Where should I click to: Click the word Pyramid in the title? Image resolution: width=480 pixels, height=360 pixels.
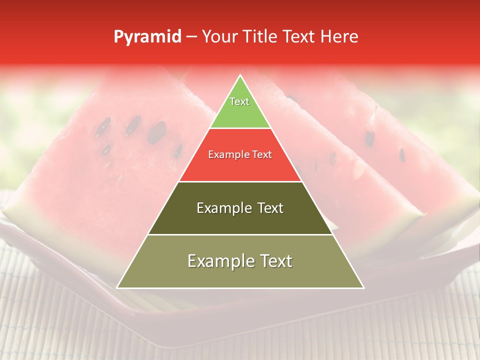tap(147, 37)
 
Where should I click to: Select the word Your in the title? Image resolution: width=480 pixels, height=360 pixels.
tap(220, 36)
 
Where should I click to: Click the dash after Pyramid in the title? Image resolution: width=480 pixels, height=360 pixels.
tap(191, 37)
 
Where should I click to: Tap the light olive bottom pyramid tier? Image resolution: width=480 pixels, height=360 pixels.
tap(240, 275)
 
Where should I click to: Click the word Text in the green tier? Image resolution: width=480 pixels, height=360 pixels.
tap(239, 101)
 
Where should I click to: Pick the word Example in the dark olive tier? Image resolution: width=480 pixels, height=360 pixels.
tap(222, 208)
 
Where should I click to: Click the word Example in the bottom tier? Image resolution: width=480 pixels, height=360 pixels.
tap(218, 261)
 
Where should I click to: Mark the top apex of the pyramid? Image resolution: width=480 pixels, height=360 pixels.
tap(240, 75)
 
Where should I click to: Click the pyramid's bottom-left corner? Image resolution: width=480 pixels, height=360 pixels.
tap(117, 287)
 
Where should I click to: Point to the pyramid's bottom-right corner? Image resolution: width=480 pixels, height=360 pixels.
tap(363, 287)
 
